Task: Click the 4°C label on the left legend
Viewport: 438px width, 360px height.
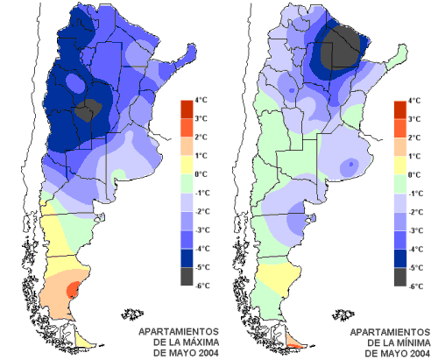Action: pos(201,100)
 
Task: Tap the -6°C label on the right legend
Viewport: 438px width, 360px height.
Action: pos(415,286)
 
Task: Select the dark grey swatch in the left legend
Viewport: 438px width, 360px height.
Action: pos(187,276)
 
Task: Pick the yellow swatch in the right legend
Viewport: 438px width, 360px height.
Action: pos(400,166)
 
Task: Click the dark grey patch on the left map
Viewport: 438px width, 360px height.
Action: pos(88,110)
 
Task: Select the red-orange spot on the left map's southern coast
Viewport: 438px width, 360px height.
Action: pos(74,289)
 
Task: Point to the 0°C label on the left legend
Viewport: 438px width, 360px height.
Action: pos(201,174)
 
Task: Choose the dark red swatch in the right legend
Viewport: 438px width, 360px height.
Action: pos(400,110)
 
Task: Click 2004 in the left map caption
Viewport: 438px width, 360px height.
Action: pos(208,353)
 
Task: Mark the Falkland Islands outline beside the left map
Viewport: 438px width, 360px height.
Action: pos(132,314)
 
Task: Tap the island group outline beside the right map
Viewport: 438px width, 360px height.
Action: pos(343,314)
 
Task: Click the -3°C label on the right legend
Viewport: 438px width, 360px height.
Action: pos(415,230)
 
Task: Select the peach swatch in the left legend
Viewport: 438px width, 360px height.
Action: pos(187,146)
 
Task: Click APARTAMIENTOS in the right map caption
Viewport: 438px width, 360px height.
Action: pos(390,332)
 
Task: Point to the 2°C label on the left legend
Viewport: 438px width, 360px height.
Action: pos(201,138)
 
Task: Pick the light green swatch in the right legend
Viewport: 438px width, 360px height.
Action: pos(400,184)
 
